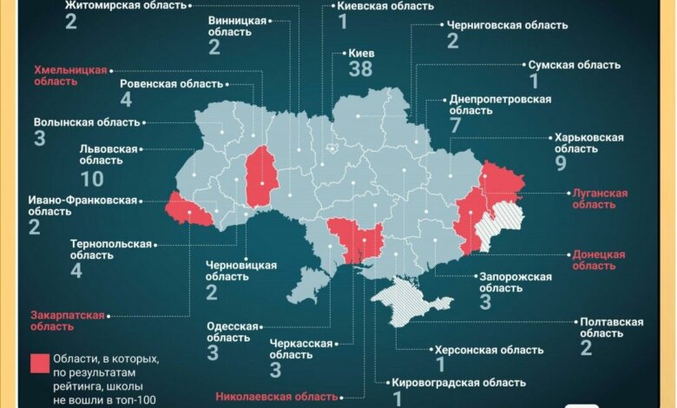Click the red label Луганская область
(598, 199)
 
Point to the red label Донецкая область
(598, 260)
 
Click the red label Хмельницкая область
(70, 76)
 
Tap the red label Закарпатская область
(67, 320)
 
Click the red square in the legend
(39, 365)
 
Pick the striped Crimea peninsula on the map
(412, 299)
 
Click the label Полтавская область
(611, 327)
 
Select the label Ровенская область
(171, 84)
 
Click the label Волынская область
(85, 122)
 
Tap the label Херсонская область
(489, 350)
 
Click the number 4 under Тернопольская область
(77, 271)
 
